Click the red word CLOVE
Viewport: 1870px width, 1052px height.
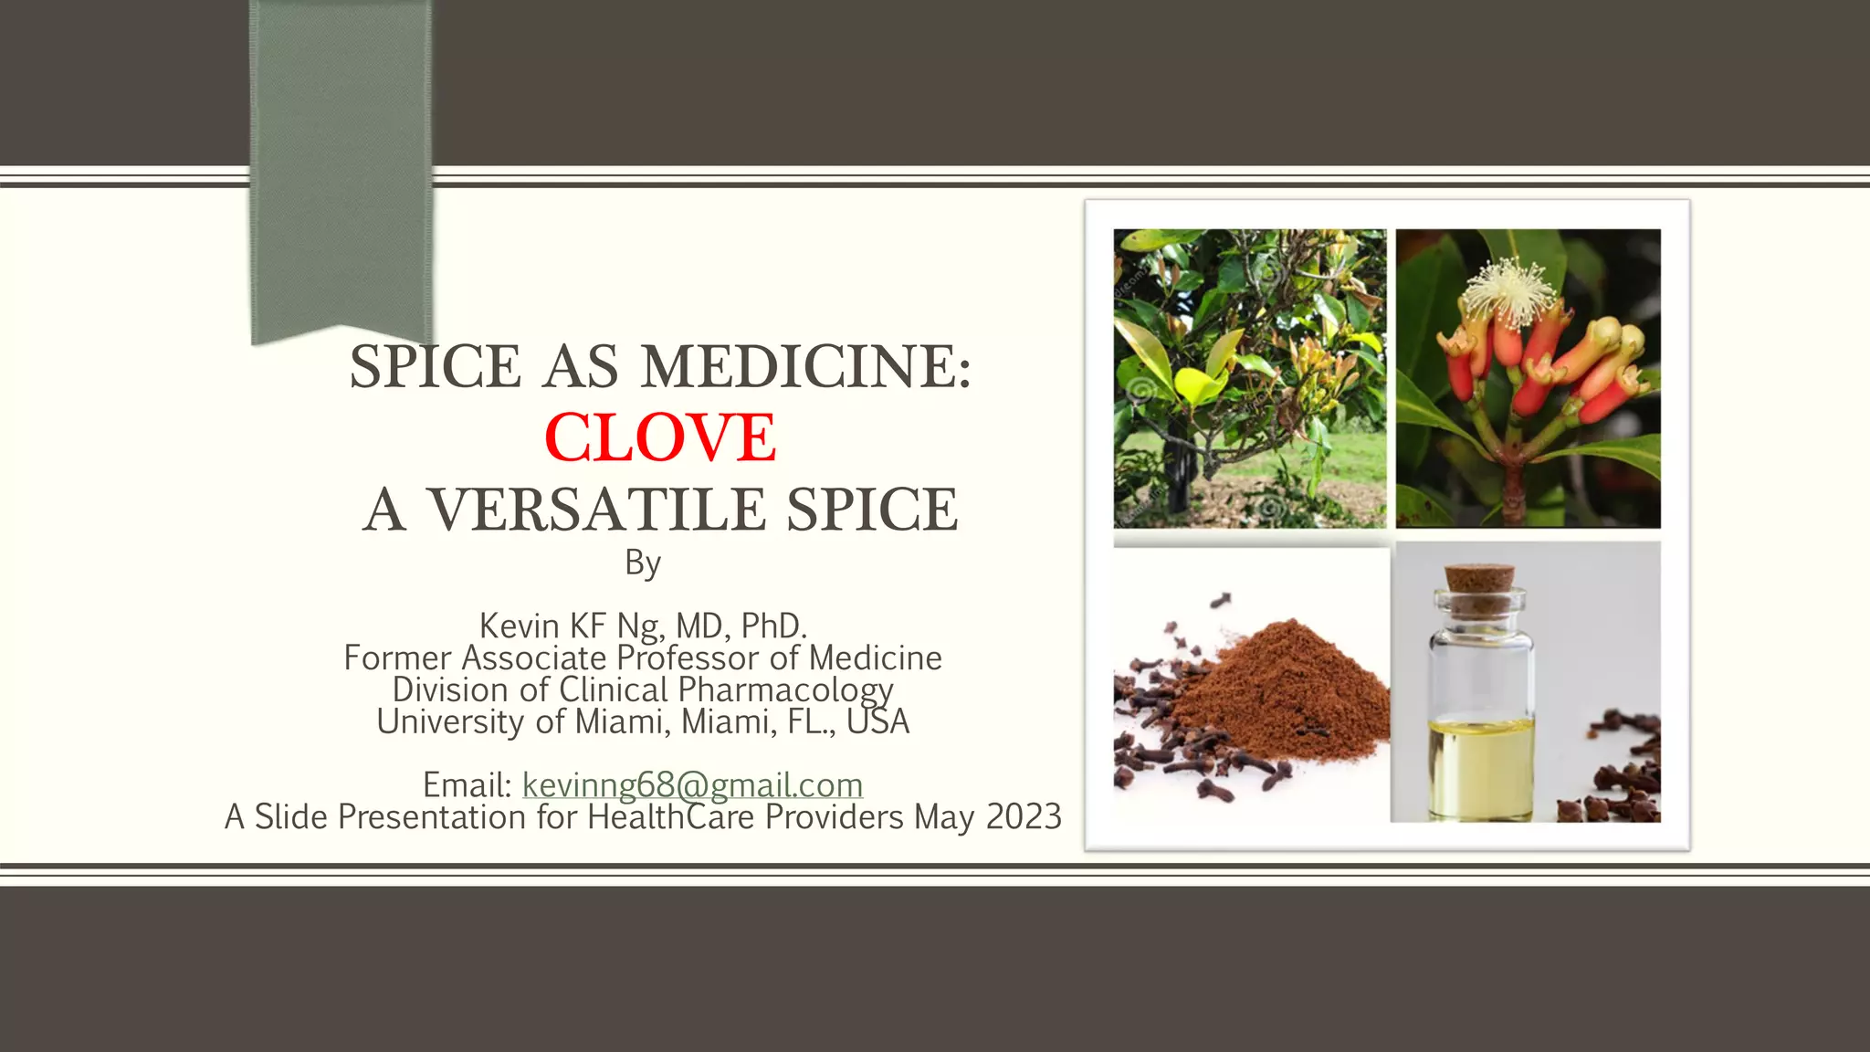[x=659, y=437]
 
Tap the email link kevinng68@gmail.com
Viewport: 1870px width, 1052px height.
[x=692, y=784]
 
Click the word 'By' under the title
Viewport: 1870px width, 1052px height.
[x=643, y=563]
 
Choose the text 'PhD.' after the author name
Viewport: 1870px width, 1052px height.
[x=773, y=626]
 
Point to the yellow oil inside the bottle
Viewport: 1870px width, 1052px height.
[x=1479, y=763]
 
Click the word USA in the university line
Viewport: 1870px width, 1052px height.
[x=877, y=721]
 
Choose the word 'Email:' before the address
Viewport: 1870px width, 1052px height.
[x=467, y=784]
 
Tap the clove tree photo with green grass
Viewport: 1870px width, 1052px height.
[x=1249, y=378]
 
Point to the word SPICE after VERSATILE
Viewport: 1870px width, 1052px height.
[x=872, y=510]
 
